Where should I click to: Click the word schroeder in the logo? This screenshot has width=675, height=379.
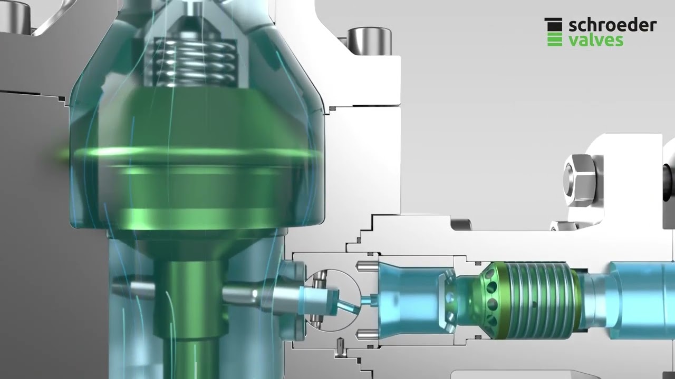click(x=612, y=25)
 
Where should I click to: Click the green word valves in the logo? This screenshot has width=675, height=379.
click(x=596, y=40)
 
